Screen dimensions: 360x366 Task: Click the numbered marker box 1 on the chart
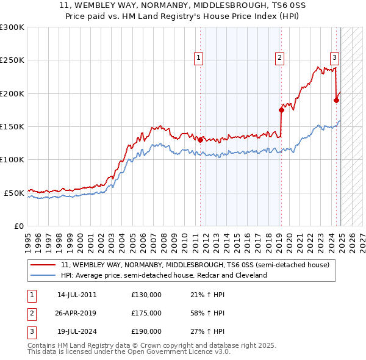tap(199, 58)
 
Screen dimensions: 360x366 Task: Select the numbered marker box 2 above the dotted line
tap(279, 58)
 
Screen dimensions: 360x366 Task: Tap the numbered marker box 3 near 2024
tap(335, 58)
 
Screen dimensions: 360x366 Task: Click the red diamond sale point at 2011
tap(200, 139)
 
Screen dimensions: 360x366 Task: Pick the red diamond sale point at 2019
tap(281, 110)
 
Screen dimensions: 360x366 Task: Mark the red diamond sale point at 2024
tap(336, 100)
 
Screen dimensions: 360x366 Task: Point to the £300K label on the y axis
tap(12, 27)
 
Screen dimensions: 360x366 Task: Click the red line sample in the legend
tap(43, 265)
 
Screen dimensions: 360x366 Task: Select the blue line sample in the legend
tap(43, 275)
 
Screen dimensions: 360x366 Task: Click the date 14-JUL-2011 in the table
tap(77, 295)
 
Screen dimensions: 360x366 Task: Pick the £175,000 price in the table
tap(146, 313)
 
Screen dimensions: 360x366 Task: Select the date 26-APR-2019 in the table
tap(77, 313)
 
